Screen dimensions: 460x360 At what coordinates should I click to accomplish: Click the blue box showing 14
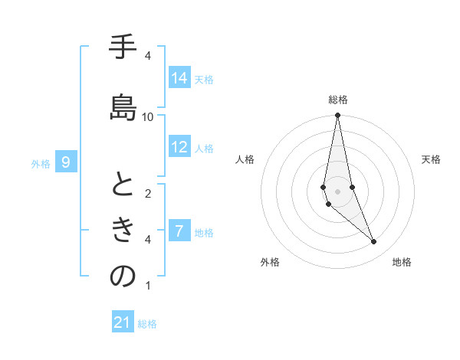(x=179, y=77)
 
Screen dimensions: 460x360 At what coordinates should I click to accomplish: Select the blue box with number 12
(x=179, y=147)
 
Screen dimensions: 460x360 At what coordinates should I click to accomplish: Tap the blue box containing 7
(x=179, y=231)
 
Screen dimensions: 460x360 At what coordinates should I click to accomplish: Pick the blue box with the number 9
(x=67, y=162)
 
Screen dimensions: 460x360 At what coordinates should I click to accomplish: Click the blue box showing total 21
(x=123, y=322)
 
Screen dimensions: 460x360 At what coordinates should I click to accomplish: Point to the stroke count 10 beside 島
(x=148, y=116)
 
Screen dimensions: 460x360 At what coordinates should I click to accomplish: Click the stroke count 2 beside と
(x=148, y=193)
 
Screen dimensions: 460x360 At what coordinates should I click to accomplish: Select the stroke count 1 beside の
(x=148, y=286)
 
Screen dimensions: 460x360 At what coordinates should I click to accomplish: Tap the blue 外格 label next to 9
(x=41, y=163)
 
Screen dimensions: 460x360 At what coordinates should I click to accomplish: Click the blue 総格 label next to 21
(x=147, y=324)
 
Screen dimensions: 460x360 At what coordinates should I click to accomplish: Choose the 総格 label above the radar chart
(x=338, y=100)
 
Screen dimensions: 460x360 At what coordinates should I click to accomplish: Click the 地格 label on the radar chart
(x=402, y=262)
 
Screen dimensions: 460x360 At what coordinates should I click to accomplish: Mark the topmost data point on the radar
(x=337, y=115)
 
